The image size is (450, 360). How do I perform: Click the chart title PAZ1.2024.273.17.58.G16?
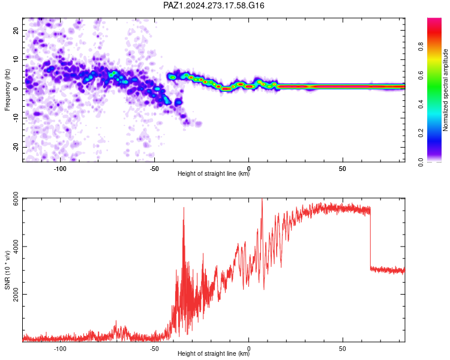[x=214, y=5]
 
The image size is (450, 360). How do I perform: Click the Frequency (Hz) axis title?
[x=7, y=90]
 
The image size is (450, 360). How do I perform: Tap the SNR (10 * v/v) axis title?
[x=7, y=270]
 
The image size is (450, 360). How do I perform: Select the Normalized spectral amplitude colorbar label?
[x=445, y=90]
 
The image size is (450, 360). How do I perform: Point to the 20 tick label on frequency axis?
[x=16, y=31]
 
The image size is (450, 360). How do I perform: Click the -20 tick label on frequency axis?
[x=16, y=148]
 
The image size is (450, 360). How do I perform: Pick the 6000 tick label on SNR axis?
[x=16, y=199]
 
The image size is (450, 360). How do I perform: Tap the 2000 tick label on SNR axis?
[x=16, y=295]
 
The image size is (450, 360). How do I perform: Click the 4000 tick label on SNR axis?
[x=16, y=247]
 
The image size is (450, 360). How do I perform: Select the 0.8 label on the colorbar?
[x=421, y=46]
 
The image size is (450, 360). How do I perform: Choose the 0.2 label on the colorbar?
[x=421, y=133]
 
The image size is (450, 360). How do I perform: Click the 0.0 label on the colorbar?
[x=421, y=162]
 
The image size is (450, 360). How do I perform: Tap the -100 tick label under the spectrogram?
[x=60, y=169]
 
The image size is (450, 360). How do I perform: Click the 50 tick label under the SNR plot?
[x=343, y=349]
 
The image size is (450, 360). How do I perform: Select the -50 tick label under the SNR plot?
[x=154, y=349]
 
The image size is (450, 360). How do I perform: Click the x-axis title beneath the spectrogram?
[x=214, y=173]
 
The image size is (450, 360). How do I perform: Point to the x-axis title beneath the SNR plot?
[x=214, y=353]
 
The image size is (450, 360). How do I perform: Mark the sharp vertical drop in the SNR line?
[x=370, y=238]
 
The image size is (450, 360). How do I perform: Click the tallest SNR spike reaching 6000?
[x=262, y=201]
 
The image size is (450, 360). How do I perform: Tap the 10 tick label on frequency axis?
[x=16, y=60]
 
